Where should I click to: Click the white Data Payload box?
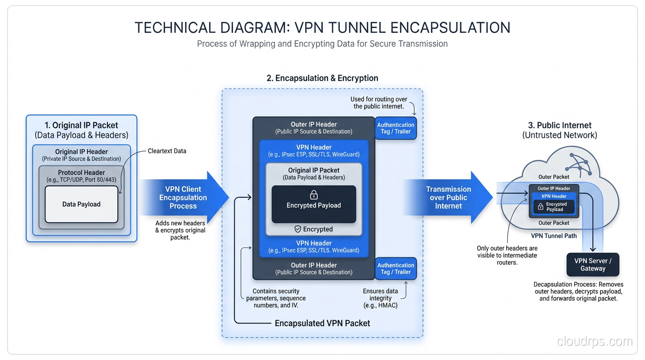pyautogui.click(x=81, y=204)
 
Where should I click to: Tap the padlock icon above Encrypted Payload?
pyautogui.click(x=314, y=195)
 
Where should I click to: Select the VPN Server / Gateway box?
pyautogui.click(x=592, y=265)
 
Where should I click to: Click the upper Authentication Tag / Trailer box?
pyautogui.click(x=396, y=128)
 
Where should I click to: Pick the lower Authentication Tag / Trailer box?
pyautogui.click(x=396, y=269)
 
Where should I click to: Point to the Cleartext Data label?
pyautogui.click(x=167, y=151)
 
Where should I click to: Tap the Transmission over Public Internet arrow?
pyautogui.click(x=448, y=197)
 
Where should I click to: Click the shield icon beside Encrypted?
pyautogui.click(x=297, y=229)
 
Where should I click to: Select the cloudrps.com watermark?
pyautogui.click(x=594, y=341)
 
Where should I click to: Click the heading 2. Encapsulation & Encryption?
pyautogui.click(x=322, y=78)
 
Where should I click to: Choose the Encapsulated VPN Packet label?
pyautogui.click(x=322, y=323)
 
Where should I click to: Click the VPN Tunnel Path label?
pyautogui.click(x=554, y=236)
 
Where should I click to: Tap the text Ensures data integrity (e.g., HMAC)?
pyautogui.click(x=380, y=298)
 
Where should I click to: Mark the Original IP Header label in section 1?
pyautogui.click(x=82, y=151)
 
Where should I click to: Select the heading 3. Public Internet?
pyautogui.click(x=560, y=125)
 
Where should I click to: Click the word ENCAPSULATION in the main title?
pyautogui.click(x=450, y=28)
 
